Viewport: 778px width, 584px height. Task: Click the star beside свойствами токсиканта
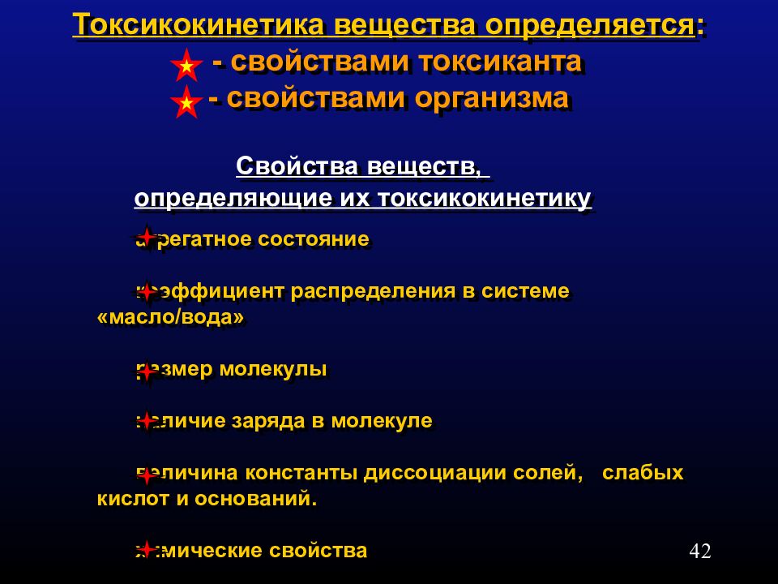click(x=186, y=65)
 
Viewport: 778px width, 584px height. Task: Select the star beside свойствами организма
click(x=186, y=102)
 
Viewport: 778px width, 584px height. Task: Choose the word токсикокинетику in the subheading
click(x=484, y=199)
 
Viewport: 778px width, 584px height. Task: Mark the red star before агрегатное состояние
click(x=146, y=237)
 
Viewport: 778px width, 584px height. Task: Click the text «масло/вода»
click(x=170, y=317)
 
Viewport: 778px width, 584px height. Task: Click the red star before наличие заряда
click(x=146, y=420)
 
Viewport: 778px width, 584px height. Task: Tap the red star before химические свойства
click(x=146, y=547)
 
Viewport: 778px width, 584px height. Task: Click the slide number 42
click(x=699, y=552)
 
